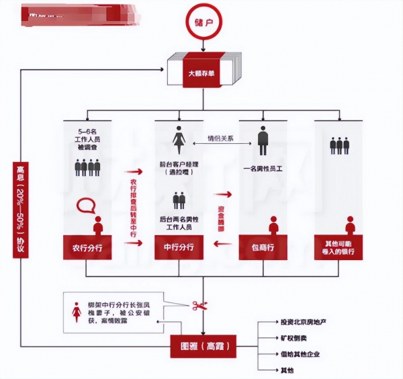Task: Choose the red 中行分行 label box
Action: click(179, 247)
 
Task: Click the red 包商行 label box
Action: click(263, 247)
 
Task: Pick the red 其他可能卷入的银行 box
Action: click(339, 247)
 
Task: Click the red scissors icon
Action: click(200, 306)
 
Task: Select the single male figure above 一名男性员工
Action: click(263, 141)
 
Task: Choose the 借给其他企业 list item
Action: click(294, 353)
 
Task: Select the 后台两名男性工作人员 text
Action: click(179, 224)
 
